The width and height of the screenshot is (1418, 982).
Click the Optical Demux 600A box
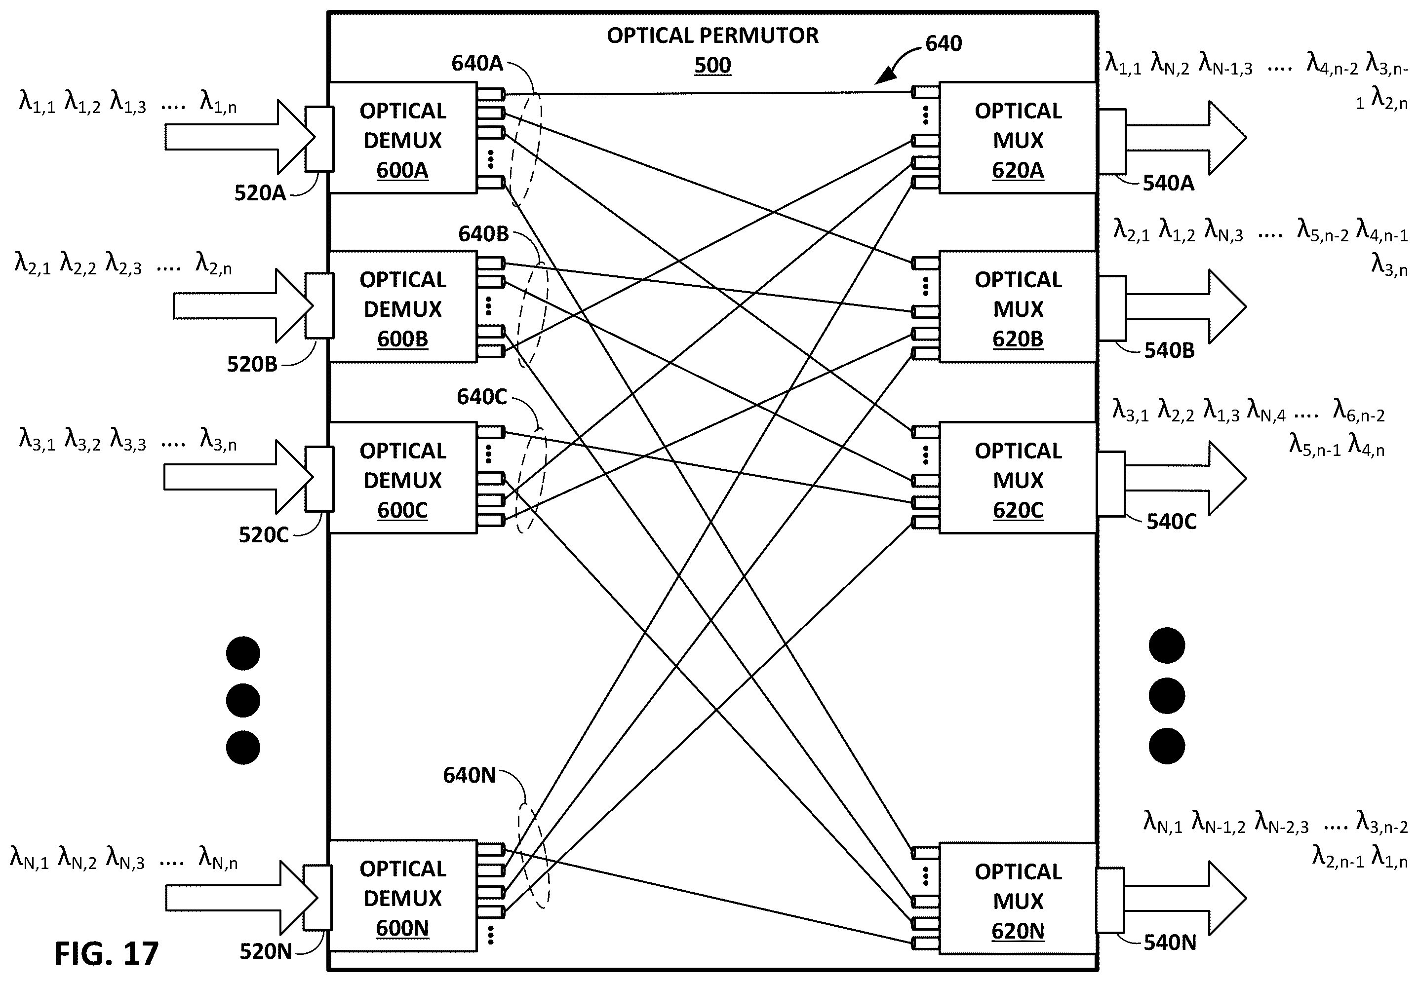[402, 138]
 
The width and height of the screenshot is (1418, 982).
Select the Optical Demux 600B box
[402, 306]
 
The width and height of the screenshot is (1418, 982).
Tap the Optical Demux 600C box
[402, 478]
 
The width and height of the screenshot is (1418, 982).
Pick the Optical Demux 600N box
[402, 895]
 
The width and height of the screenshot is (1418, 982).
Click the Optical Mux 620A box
[1018, 138]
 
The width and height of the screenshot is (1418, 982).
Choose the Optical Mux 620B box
[1018, 306]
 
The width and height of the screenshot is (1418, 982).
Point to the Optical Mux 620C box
[1018, 478]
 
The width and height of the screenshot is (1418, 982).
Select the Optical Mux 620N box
[1018, 898]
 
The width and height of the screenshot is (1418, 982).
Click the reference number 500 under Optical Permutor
[712, 65]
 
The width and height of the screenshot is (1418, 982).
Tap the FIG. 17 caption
[107, 953]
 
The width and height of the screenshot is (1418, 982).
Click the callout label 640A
[477, 63]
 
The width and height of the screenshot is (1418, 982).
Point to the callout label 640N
[469, 775]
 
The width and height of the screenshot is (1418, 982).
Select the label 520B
[252, 364]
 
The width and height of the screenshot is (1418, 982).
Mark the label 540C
[1171, 521]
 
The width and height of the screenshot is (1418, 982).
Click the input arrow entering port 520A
[240, 137]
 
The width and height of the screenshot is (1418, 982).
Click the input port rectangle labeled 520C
[319, 479]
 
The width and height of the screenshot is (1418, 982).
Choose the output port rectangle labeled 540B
[1112, 307]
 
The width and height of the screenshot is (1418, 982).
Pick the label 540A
[1168, 183]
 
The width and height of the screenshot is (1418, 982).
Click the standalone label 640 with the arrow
[944, 43]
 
